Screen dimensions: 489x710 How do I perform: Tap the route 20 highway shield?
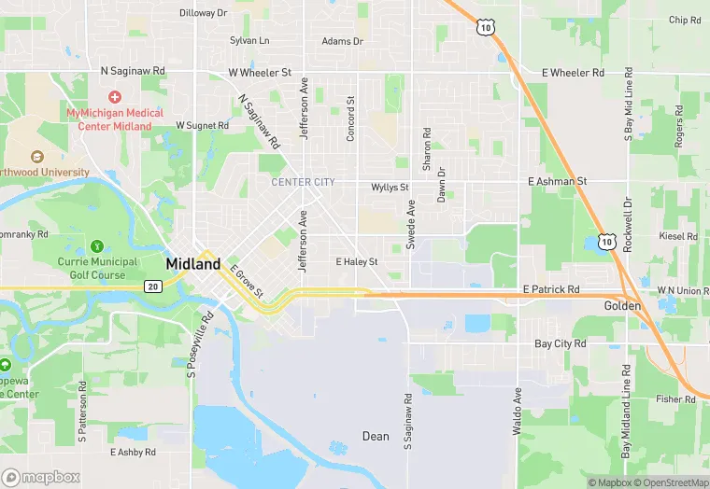pos(152,286)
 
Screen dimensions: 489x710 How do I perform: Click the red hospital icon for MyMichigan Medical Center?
pos(115,97)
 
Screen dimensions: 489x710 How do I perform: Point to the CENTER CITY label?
pos(303,182)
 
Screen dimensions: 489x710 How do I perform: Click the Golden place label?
pos(622,306)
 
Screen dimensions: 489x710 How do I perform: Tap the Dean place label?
pos(376,436)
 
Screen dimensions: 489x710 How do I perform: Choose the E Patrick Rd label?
pos(551,290)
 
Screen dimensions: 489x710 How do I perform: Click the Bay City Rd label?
pos(560,343)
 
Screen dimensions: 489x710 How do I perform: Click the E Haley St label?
pos(357,262)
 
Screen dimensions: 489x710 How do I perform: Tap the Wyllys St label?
pos(390,188)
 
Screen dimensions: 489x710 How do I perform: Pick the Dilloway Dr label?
pos(204,13)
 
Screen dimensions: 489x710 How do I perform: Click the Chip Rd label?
pos(685,20)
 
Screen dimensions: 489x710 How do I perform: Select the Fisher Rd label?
pos(675,399)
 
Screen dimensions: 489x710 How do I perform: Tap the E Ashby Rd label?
pos(133,452)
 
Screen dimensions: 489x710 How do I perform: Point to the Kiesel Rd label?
pos(678,237)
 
